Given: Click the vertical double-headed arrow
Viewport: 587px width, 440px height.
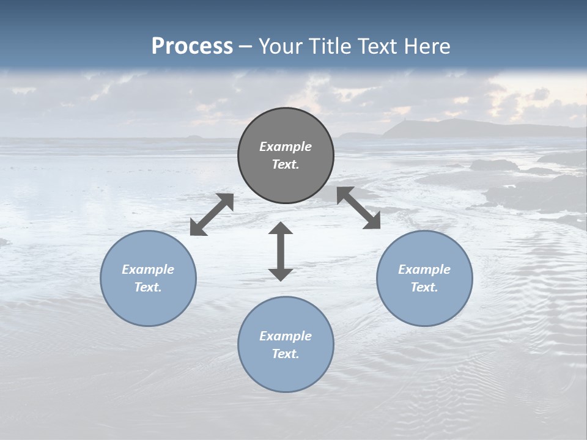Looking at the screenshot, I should [x=281, y=251].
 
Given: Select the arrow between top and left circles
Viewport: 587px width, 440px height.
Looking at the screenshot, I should [x=212, y=215].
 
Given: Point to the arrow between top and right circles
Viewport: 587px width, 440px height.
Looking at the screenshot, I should [x=358, y=208].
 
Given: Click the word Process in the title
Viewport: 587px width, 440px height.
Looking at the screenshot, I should [x=192, y=46].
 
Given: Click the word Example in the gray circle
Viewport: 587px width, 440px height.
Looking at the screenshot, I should [x=286, y=147].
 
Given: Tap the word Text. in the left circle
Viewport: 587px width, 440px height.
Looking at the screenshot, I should [x=148, y=287].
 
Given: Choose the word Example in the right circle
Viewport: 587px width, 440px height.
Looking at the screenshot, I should [x=424, y=269].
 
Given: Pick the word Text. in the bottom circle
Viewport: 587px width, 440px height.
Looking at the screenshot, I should [x=286, y=354].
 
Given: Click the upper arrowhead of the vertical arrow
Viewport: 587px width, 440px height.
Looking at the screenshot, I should [x=281, y=229].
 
